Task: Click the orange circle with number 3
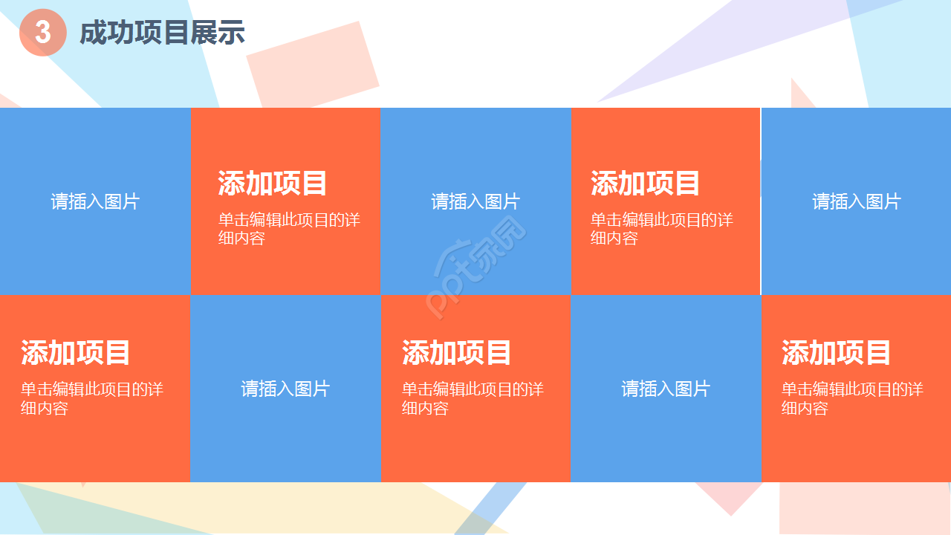(x=43, y=33)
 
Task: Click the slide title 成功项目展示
(x=162, y=33)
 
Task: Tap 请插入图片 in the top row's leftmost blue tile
(x=95, y=201)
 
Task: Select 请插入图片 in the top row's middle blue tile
(x=475, y=201)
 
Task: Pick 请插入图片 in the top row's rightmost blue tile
(x=856, y=201)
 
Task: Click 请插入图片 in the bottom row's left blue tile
(x=285, y=389)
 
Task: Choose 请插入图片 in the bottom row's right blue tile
(x=666, y=389)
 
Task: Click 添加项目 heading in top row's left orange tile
(x=273, y=184)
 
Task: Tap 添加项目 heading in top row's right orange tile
(x=646, y=184)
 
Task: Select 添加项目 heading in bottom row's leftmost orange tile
(x=76, y=353)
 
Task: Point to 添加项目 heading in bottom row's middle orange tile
(x=457, y=353)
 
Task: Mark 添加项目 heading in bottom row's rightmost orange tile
(x=836, y=353)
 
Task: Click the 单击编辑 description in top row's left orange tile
(x=288, y=229)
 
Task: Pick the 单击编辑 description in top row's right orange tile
(x=661, y=229)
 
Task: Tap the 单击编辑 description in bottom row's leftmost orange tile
(x=91, y=398)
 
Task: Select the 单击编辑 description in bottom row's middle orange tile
(x=473, y=398)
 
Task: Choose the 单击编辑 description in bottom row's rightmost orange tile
(x=852, y=398)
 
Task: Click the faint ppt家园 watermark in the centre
(x=475, y=267)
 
